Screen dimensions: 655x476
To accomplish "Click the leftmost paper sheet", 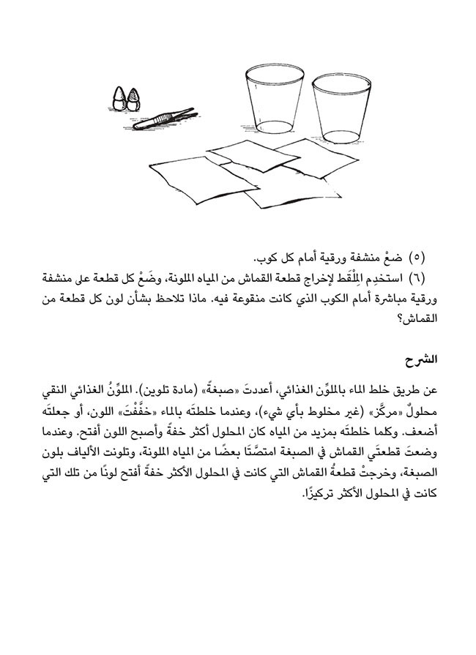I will point(183,177).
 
